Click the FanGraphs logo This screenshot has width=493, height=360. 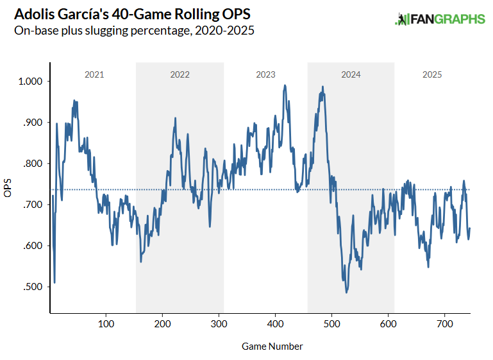tap(440, 19)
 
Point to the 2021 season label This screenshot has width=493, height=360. tap(94, 74)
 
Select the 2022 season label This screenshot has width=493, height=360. tap(180, 74)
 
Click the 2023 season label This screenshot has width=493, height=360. tap(265, 74)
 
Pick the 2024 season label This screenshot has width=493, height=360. tap(351, 74)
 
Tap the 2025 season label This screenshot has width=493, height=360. tap(432, 74)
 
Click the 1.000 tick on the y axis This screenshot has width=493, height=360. tap(30, 81)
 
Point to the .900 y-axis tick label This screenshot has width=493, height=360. tap(32, 123)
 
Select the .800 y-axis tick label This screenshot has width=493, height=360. tap(32, 164)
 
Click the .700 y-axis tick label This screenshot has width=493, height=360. tap(32, 205)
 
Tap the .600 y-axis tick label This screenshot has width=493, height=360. tap(32, 246)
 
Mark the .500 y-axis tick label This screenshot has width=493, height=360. tap(32, 287)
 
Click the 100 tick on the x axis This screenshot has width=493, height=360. tap(106, 323)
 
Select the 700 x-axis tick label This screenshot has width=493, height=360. tap(444, 323)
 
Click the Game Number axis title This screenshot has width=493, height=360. tap(272, 347)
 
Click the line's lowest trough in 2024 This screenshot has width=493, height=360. tap(347, 293)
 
